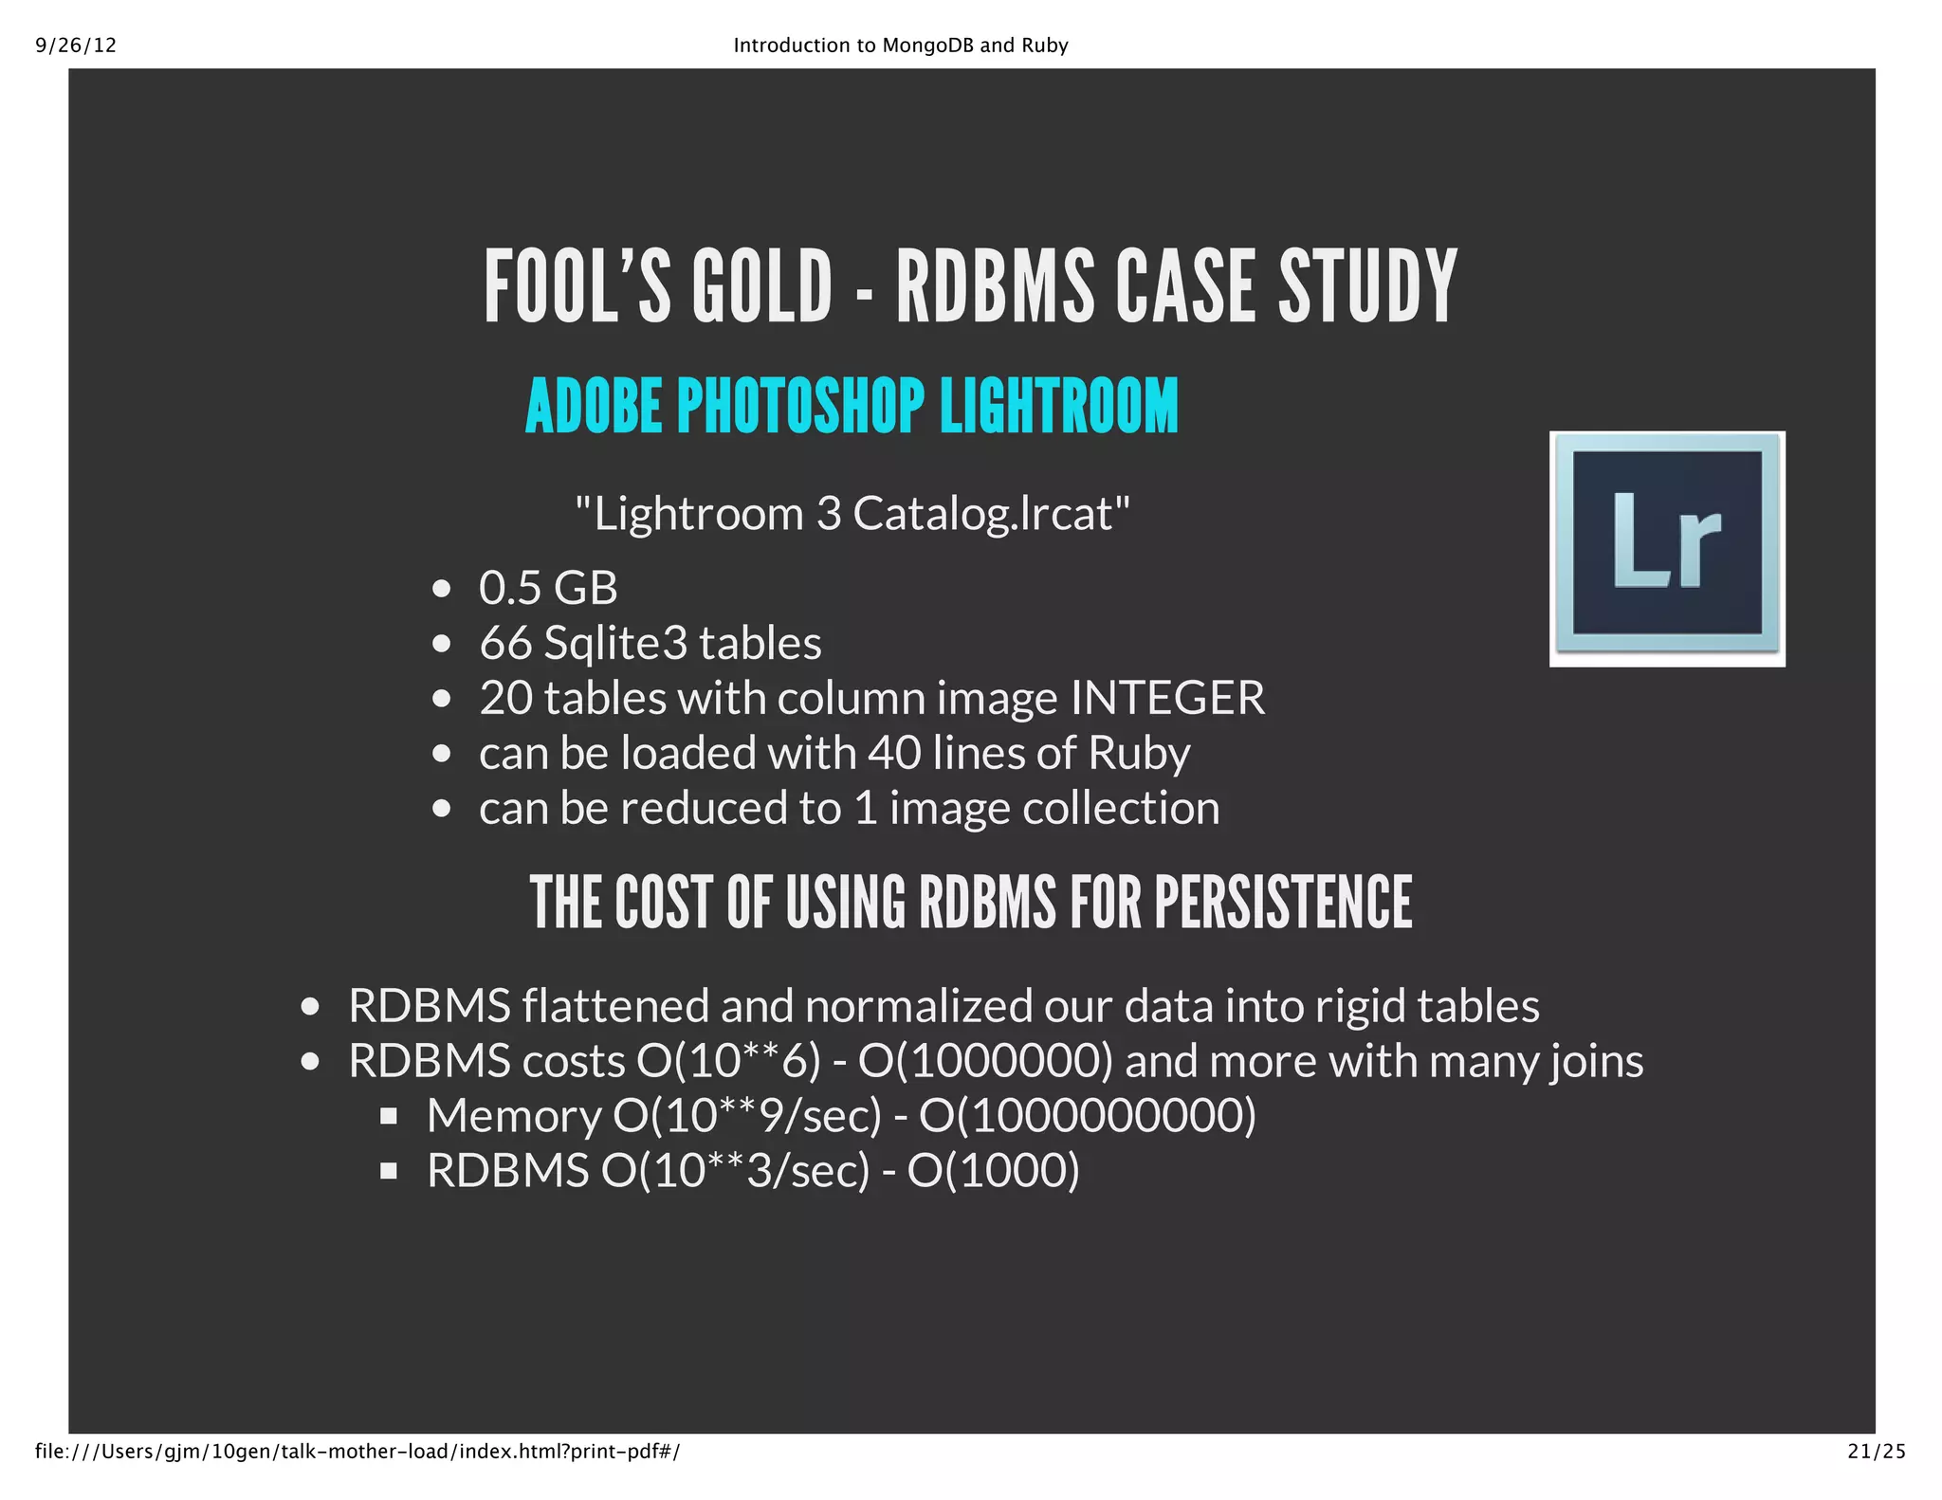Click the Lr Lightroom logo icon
pyautogui.click(x=1667, y=549)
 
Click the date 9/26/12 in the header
pyautogui.click(x=76, y=46)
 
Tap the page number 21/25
pyautogui.click(x=1877, y=1451)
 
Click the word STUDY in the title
pyautogui.click(x=1367, y=286)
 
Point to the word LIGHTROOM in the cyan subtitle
pyautogui.click(x=1059, y=406)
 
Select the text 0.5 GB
pyautogui.click(x=548, y=588)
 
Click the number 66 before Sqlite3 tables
pyautogui.click(x=505, y=643)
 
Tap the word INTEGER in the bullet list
pyautogui.click(x=1167, y=698)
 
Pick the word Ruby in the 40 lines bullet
pyautogui.click(x=1139, y=754)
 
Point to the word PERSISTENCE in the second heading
pyautogui.click(x=1283, y=903)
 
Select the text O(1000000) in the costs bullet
pyautogui.click(x=985, y=1061)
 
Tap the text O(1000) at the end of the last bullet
pyautogui.click(x=993, y=1171)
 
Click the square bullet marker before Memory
pyautogui.click(x=388, y=1117)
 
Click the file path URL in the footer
pyautogui.click(x=357, y=1451)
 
